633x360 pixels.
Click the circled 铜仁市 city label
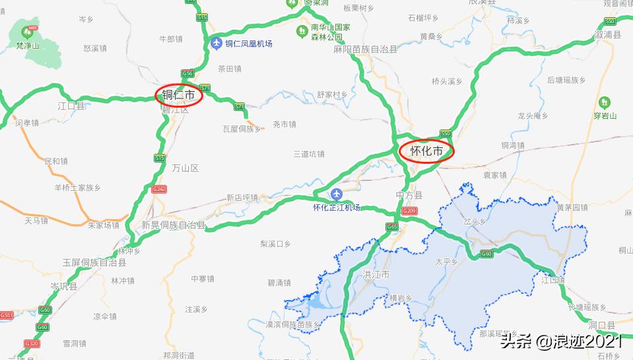[179, 96]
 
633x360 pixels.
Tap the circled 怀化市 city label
[426, 151]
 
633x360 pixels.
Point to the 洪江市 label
[376, 274]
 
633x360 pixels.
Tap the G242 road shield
[159, 189]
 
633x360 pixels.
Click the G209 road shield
[409, 211]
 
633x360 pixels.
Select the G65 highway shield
[393, 227]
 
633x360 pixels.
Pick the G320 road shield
[31, 343]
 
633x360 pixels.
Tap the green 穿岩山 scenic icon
[604, 102]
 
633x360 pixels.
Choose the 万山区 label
[185, 168]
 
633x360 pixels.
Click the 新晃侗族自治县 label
[174, 225]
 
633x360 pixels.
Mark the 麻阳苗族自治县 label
[365, 50]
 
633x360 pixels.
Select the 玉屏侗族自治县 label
[94, 262]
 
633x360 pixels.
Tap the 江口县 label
[71, 106]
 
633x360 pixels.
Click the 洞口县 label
[601, 326]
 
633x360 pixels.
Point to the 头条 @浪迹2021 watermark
[560, 341]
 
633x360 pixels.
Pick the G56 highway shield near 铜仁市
[187, 74]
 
